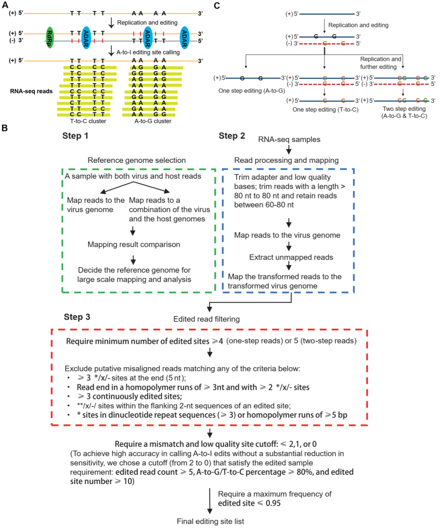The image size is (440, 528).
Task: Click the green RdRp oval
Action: [50, 37]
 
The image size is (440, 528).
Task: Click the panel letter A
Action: [5, 5]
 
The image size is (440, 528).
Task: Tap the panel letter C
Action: [217, 5]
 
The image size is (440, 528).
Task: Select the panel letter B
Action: [5, 128]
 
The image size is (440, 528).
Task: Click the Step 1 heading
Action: [75, 136]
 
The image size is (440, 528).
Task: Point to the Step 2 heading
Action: [232, 136]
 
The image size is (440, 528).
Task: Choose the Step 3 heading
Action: [77, 317]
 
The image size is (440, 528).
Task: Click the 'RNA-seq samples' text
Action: [289, 140]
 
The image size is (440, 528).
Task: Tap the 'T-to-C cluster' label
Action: [88, 121]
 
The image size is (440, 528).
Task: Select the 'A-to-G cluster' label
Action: [153, 121]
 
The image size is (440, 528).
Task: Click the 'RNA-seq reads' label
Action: [31, 91]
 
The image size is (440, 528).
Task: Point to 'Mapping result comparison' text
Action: [134, 245]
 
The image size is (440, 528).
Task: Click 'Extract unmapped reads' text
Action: [291, 257]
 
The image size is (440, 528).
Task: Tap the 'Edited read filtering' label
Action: [207, 319]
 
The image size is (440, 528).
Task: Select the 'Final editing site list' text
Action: [210, 521]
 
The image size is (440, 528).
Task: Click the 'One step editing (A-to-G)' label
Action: [251, 91]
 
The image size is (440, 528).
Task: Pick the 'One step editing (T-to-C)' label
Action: [325, 110]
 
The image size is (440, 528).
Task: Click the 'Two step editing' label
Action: [404, 109]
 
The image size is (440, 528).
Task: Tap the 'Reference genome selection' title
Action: [136, 160]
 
